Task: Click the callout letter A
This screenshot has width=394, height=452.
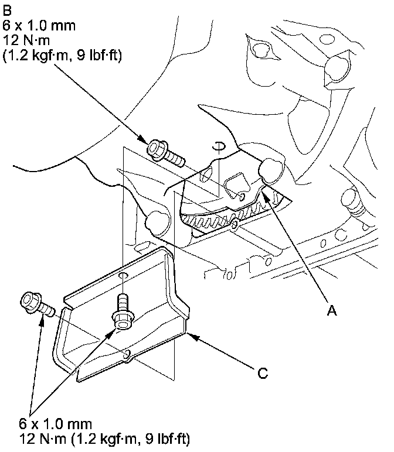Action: pyautogui.click(x=331, y=313)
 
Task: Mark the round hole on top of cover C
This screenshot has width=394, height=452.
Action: pyautogui.click(x=123, y=275)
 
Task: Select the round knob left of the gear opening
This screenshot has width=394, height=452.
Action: pyautogui.click(x=156, y=221)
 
